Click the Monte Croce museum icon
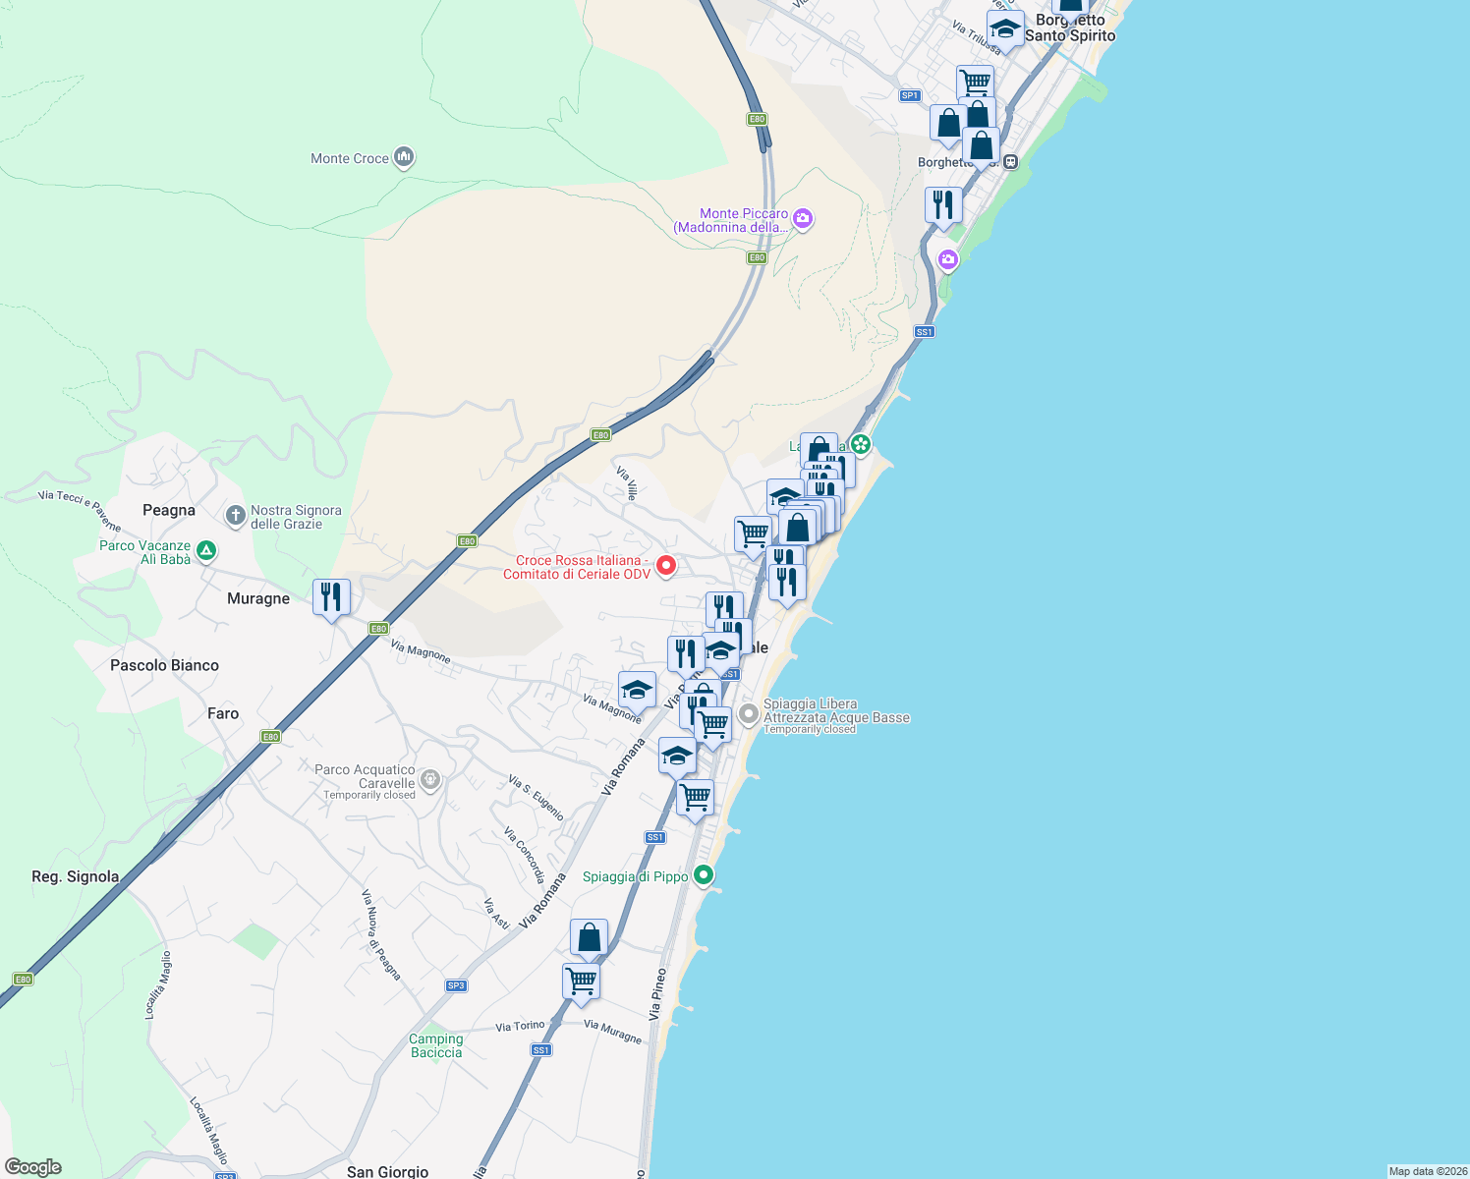(403, 157)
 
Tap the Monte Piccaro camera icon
(803, 218)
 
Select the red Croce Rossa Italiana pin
(665, 565)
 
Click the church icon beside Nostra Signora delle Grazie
(235, 515)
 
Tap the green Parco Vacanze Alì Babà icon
(205, 550)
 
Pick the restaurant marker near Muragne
(331, 597)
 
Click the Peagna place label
(169, 510)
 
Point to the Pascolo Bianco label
(164, 665)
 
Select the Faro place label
(223, 713)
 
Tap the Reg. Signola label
(76, 876)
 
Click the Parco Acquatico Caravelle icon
(429, 780)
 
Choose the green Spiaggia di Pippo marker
(703, 874)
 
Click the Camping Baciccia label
(436, 1045)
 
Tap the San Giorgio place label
(387, 1171)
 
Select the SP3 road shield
(456, 985)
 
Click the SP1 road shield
(910, 95)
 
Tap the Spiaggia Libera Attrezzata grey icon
(749, 714)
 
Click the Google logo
(33, 1167)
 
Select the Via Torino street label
(520, 1026)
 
